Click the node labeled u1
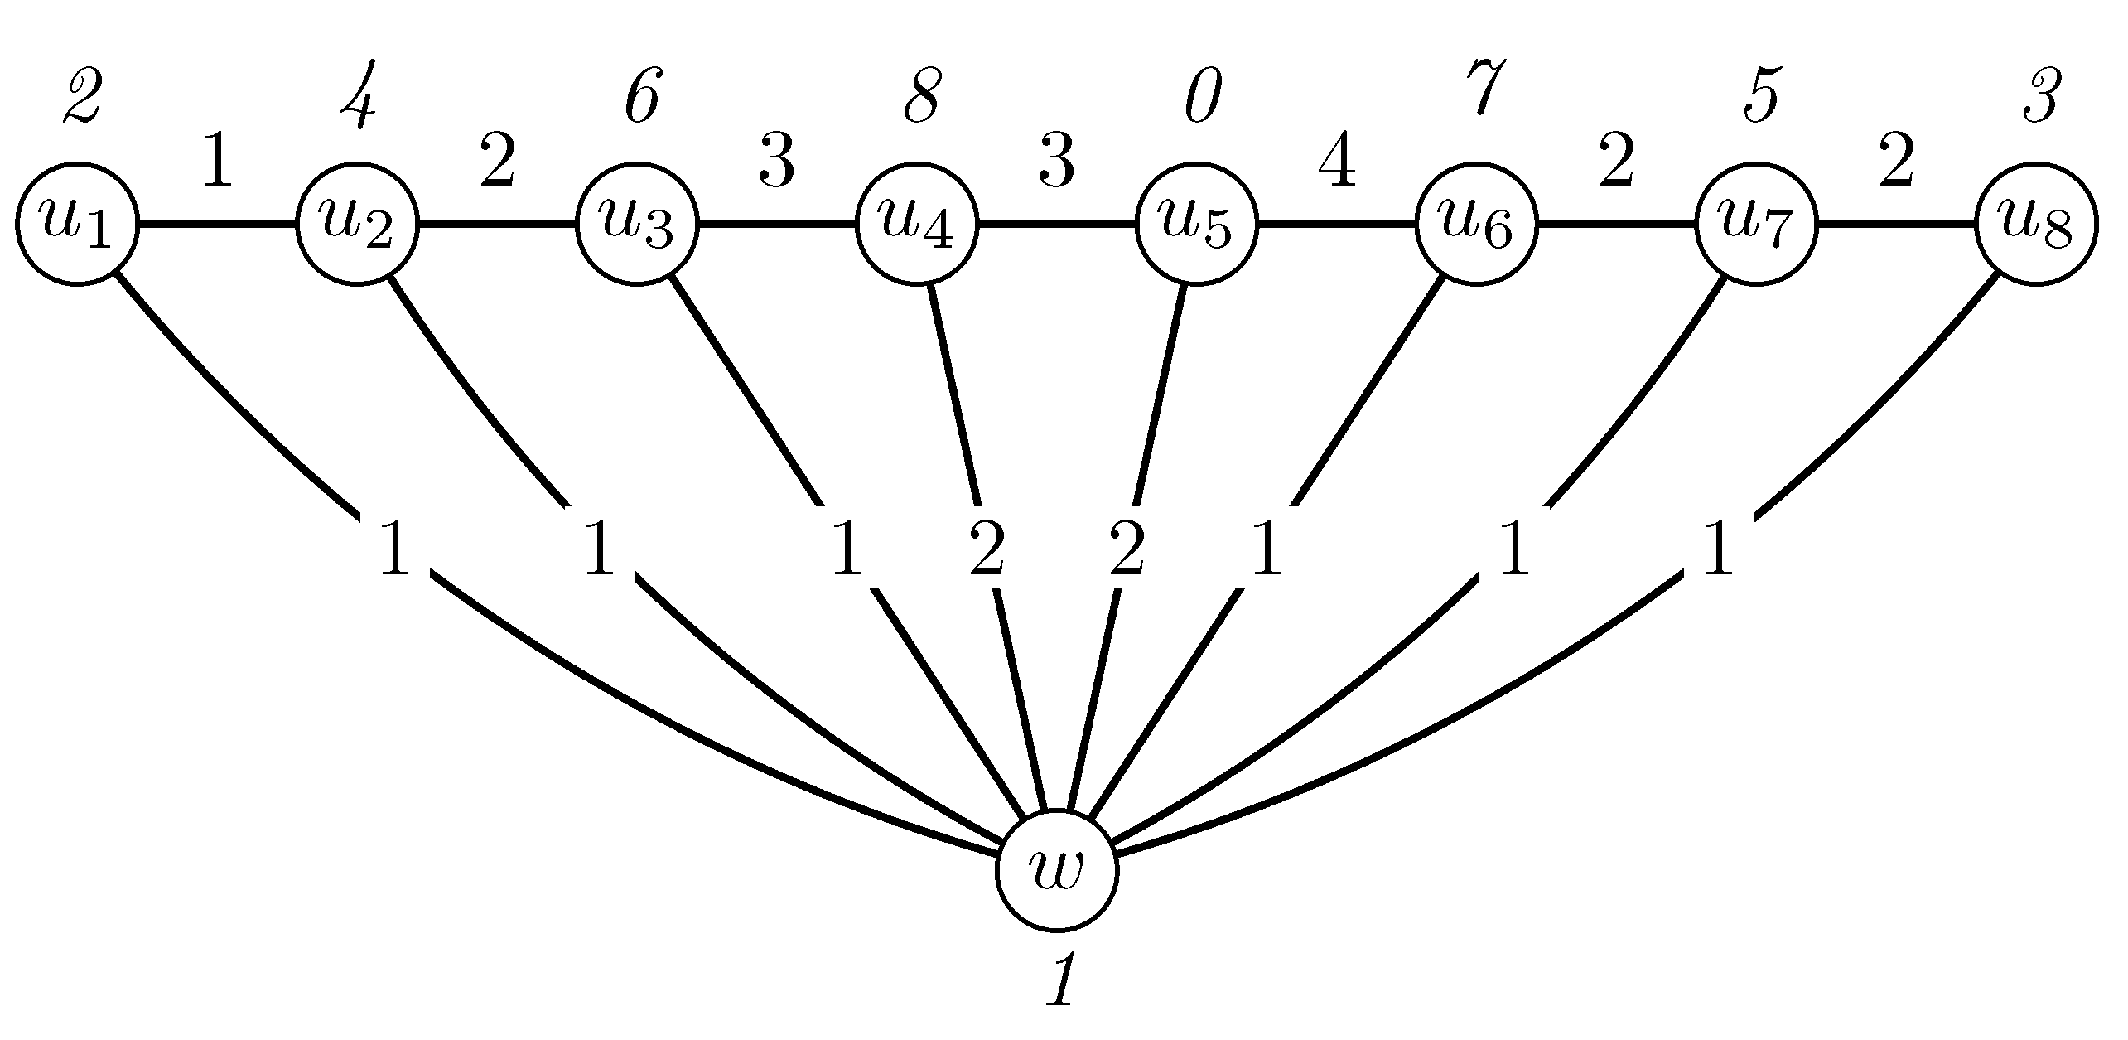tap(77, 224)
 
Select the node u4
tap(917, 224)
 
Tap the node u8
tap(2036, 224)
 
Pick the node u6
tap(1476, 224)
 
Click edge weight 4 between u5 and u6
tap(1337, 164)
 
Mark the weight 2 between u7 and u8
tap(1895, 164)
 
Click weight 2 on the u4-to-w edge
tap(987, 549)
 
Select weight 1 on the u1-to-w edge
tap(394, 549)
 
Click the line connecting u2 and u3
tap(497, 224)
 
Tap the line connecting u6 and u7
tap(1616, 224)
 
